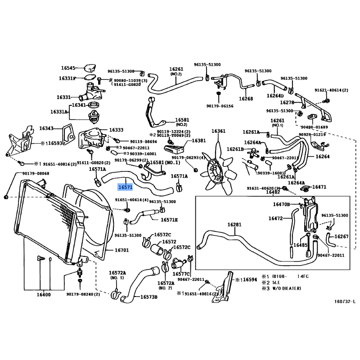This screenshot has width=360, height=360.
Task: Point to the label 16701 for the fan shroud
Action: [x=121, y=250]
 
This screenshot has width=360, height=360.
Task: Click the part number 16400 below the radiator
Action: [x=44, y=295]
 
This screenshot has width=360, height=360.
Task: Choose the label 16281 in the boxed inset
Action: [x=234, y=225]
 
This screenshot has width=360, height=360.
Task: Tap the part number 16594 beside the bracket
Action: [x=250, y=279]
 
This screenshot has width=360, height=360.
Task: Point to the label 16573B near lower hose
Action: [x=148, y=297]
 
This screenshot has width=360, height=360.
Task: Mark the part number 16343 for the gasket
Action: [x=46, y=129]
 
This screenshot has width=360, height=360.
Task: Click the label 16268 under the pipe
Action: [x=246, y=99]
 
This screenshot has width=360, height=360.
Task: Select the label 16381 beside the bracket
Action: [x=198, y=141]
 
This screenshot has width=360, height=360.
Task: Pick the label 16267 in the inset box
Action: [x=342, y=237]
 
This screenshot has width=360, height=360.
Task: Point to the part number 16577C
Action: [x=182, y=273]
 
